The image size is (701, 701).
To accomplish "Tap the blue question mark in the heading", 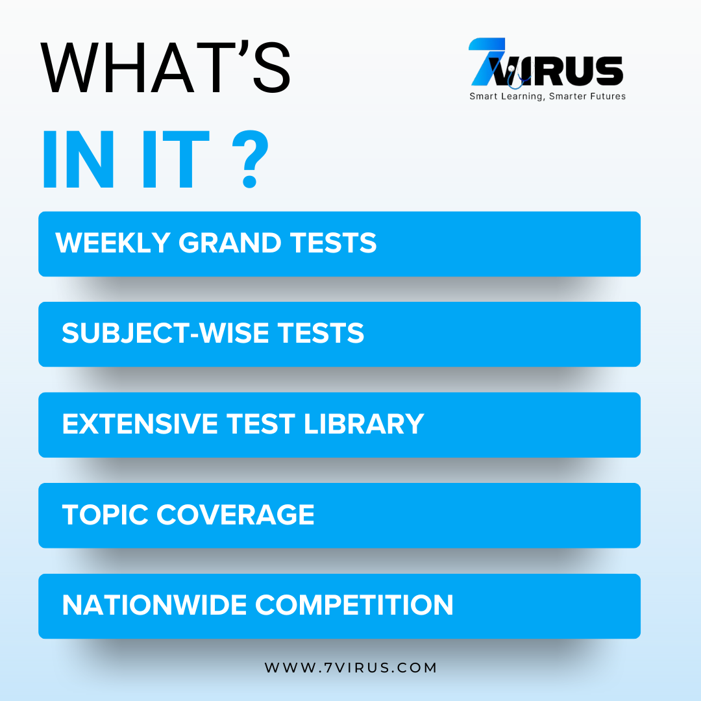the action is pos(251,159).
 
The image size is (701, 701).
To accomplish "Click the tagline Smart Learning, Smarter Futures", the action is pos(547,97).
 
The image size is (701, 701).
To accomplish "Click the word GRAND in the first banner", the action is pos(230,243).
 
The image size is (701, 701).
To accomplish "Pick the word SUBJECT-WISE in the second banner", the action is pos(165,333).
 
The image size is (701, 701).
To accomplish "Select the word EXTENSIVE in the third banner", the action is pos(140,424).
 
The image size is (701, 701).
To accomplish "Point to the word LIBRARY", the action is pos(364,424).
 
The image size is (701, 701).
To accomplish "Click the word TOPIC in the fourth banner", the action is pos(105,515).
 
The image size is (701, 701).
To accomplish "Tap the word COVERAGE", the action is pos(236,515).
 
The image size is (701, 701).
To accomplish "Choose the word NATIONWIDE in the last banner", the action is pos(154,605).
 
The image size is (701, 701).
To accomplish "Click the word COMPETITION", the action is pos(354,605).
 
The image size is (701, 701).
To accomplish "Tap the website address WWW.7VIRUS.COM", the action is pos(350,667).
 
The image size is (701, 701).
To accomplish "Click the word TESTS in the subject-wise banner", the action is pos(321,333).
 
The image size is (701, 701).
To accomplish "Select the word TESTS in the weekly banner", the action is pos(334,243).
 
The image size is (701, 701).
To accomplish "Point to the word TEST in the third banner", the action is pos(261,424).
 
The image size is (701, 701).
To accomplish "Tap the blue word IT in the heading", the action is pos(175,159).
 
